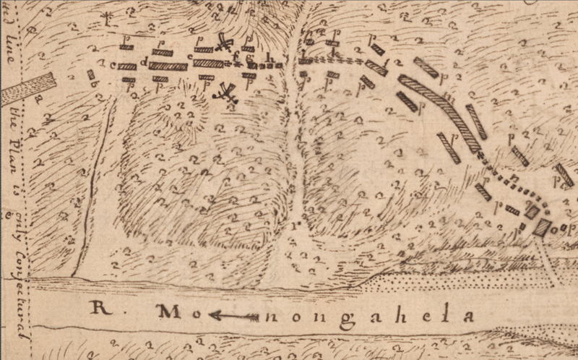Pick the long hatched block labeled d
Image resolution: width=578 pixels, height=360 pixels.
tap(168, 67)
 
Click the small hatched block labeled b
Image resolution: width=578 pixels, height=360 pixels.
tap(91, 74)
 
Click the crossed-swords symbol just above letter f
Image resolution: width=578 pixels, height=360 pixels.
tap(225, 43)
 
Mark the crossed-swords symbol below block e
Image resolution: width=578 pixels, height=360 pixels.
tap(228, 93)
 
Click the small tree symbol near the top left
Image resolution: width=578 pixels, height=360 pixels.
tap(107, 16)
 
